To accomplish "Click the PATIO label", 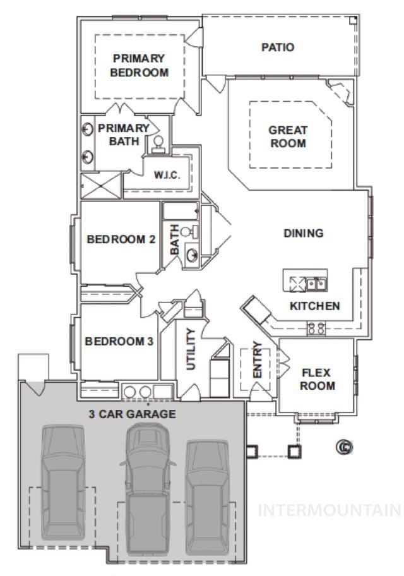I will (x=278, y=47).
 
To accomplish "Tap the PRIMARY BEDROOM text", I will (x=139, y=65).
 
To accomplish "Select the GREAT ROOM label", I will (x=288, y=136).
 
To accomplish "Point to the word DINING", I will (x=303, y=233).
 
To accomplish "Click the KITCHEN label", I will (x=314, y=306).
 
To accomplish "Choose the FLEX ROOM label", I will (x=317, y=379).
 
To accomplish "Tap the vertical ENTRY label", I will (x=257, y=369).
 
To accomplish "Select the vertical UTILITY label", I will (x=191, y=349).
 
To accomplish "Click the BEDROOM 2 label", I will (x=121, y=239).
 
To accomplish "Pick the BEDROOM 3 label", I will (x=119, y=342).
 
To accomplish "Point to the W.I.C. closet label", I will (x=167, y=176).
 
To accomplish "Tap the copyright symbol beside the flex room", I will (x=344, y=447).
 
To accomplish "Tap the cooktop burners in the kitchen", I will (x=316, y=328).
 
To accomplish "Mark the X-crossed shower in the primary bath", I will (x=100, y=186).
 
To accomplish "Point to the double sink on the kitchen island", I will (x=316, y=284).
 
